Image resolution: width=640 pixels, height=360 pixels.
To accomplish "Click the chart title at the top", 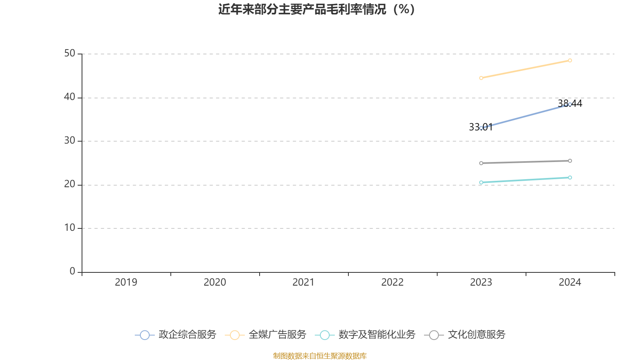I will click(316, 9).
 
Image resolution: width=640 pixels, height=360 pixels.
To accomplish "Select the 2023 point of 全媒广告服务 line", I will click(481, 78).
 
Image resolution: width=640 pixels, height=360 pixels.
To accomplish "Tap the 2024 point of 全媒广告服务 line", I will click(570, 60).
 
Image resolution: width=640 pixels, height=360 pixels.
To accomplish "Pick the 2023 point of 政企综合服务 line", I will click(481, 128).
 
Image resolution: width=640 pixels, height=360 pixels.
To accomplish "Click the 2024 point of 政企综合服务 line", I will click(570, 104).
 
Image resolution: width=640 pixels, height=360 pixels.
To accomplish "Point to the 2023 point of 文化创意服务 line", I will click(481, 163).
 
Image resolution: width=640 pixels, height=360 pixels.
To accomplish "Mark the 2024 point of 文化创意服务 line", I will click(570, 161).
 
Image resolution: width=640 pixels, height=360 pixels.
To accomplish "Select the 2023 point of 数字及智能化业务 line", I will click(481, 182).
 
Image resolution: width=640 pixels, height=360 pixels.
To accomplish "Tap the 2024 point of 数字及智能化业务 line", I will click(570, 178).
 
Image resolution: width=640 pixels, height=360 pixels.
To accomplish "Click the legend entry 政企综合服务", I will click(176, 335).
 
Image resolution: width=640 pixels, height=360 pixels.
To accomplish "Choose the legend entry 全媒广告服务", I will click(266, 335).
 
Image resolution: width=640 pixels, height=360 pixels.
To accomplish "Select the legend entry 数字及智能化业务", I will click(366, 335).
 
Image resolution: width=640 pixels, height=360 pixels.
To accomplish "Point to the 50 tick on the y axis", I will click(70, 53).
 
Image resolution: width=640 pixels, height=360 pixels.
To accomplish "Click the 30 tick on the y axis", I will click(70, 140).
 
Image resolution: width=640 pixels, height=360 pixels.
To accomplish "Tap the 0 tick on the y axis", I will click(72, 271).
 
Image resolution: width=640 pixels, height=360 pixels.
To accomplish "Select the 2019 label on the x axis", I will click(126, 282).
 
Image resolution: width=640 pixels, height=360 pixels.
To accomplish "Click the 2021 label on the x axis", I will click(304, 282).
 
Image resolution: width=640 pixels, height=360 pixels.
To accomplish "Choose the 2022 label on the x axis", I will click(392, 282).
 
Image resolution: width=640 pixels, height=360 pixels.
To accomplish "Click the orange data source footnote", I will click(320, 356).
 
